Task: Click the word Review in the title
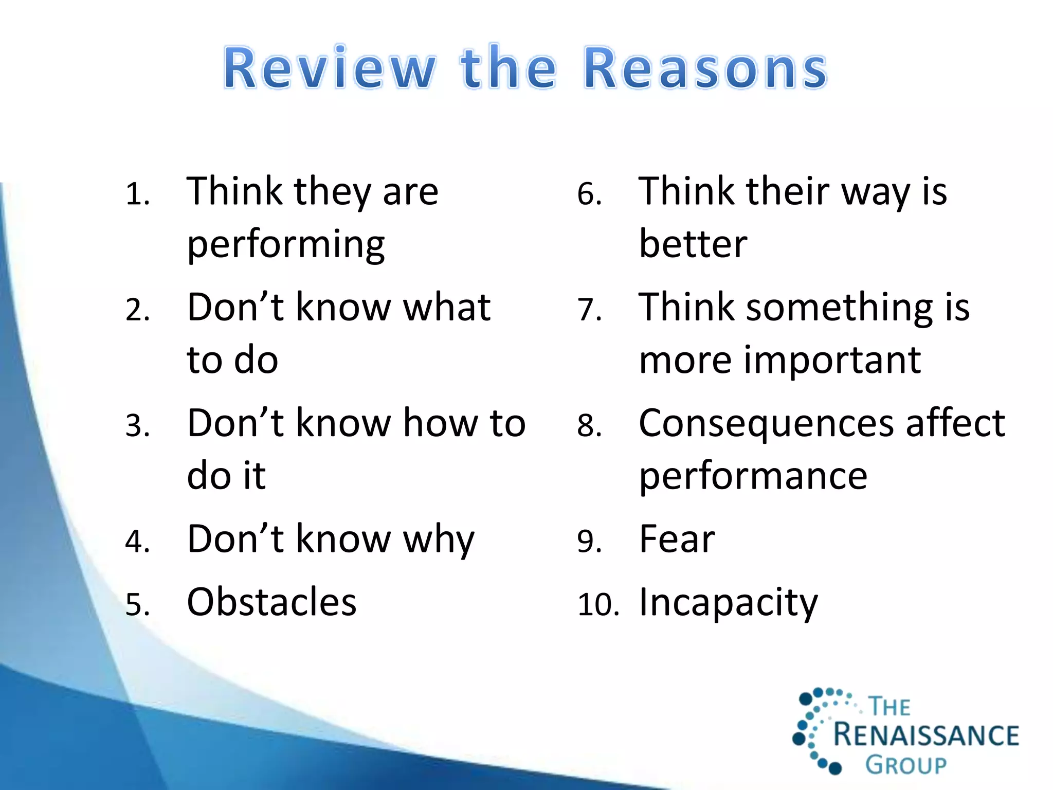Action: tap(329, 68)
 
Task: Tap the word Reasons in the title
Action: tap(705, 68)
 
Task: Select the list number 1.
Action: tap(137, 194)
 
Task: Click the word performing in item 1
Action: tap(286, 245)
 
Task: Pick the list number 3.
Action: tap(137, 426)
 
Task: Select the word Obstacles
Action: tap(271, 602)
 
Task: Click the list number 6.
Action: tap(589, 194)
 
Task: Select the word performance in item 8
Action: tap(753, 476)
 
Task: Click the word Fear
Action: tap(677, 540)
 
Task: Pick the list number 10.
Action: tap(597, 604)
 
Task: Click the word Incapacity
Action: tap(728, 603)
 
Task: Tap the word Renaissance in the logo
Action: tap(925, 734)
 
